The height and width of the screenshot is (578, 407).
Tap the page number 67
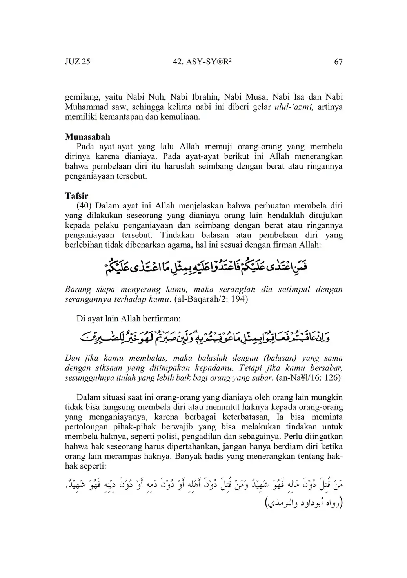click(338, 62)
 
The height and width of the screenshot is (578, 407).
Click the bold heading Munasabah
click(87, 137)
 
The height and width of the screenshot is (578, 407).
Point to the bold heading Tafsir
click(76, 196)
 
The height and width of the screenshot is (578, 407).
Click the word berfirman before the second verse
click(160, 319)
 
